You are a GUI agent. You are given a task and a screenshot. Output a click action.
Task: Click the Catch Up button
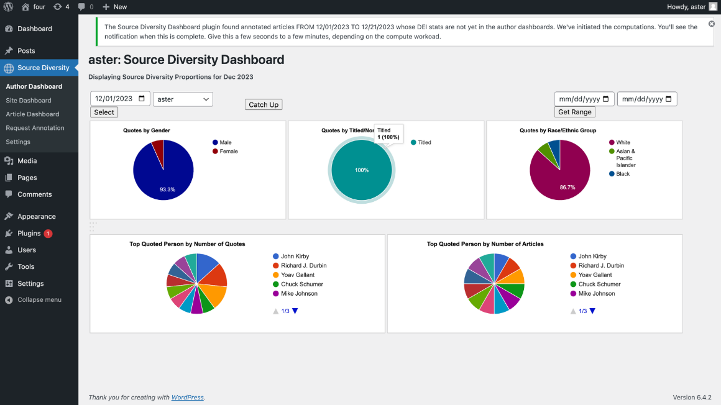coord(264,105)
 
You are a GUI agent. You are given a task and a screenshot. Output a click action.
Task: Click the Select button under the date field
coord(104,112)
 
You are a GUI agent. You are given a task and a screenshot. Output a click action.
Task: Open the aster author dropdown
coord(183,99)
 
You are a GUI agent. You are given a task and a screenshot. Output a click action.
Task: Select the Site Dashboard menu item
coord(29,100)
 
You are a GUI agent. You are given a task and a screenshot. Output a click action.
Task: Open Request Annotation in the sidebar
coord(35,128)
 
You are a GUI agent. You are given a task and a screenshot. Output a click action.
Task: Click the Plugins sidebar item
coord(29,234)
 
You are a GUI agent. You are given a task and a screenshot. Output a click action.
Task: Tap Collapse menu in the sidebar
coord(39,299)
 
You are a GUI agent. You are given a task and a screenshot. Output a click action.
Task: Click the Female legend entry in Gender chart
coord(228,151)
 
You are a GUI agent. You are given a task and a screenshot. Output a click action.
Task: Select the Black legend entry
coord(623,174)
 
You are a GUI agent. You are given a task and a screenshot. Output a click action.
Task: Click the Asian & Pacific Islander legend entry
coord(625,158)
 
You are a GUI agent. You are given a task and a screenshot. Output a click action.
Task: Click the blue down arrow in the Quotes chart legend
coord(295,311)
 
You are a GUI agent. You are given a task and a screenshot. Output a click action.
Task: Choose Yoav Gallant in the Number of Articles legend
coord(595,275)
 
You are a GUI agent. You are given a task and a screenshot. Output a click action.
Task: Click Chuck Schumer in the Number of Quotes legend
coord(301,284)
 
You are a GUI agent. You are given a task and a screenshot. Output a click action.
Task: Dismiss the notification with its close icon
coord(711,24)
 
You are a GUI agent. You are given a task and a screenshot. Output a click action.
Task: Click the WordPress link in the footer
coord(187,398)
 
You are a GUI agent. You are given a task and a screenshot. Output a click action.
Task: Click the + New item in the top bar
coord(115,7)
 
